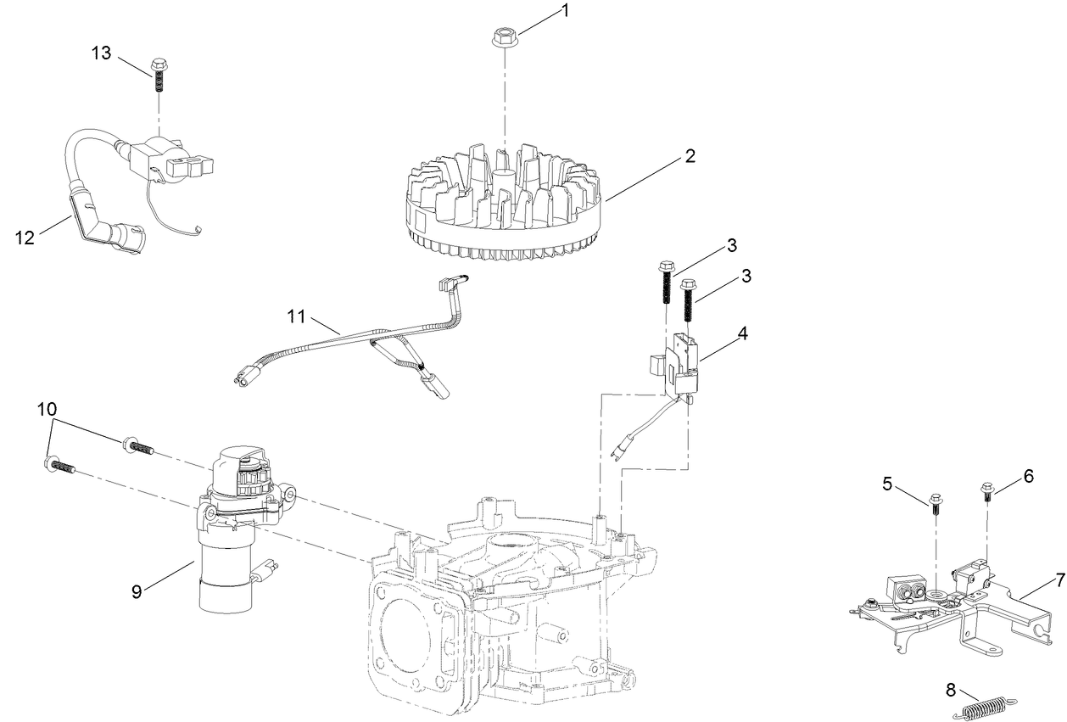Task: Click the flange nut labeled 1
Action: pos(506,39)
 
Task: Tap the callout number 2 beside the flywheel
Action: pos(690,156)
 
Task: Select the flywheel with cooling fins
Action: pos(504,203)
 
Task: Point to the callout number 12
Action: pos(25,238)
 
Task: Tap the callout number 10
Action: pos(47,409)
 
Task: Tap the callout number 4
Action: pos(742,333)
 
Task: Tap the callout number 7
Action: pos(1059,580)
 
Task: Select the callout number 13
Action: pos(101,53)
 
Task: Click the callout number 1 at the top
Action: pos(563,11)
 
